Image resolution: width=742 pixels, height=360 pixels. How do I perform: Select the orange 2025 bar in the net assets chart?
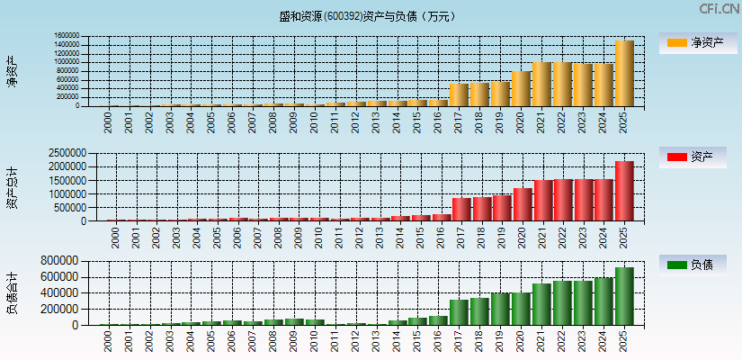click(x=624, y=74)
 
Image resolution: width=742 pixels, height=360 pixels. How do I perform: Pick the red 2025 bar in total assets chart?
click(x=624, y=191)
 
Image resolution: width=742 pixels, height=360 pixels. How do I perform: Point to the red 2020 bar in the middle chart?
click(x=523, y=204)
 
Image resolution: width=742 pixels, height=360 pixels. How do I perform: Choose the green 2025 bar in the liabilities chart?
click(x=624, y=296)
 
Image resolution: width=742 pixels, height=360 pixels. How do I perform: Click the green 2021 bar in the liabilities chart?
click(x=541, y=304)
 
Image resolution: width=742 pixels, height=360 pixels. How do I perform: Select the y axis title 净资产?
click(x=13, y=71)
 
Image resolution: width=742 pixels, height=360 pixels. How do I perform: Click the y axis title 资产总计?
click(x=13, y=187)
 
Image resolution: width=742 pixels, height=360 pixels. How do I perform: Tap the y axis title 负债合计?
click(x=13, y=292)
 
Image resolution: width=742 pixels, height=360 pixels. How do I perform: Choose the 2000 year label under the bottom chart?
click(x=108, y=338)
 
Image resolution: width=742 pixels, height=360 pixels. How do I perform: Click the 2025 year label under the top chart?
click(x=624, y=121)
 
